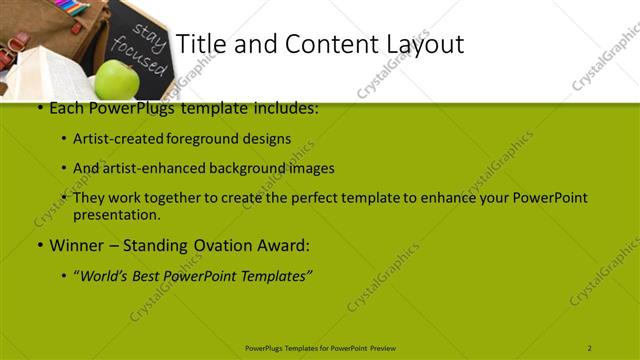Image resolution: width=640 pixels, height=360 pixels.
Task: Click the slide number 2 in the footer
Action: pos(589,348)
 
